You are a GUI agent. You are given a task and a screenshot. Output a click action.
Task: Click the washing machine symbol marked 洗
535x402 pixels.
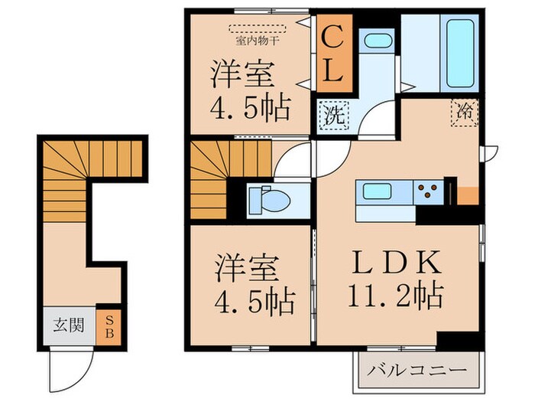tap(333, 117)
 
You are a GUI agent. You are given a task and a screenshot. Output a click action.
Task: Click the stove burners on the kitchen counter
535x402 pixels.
tap(430, 191)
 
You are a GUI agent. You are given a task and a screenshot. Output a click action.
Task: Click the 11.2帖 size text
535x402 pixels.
tap(396, 293)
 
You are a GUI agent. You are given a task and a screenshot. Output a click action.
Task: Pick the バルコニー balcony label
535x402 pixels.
tap(419, 370)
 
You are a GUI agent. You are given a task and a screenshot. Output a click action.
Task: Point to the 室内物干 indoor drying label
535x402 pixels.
tap(257, 30)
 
